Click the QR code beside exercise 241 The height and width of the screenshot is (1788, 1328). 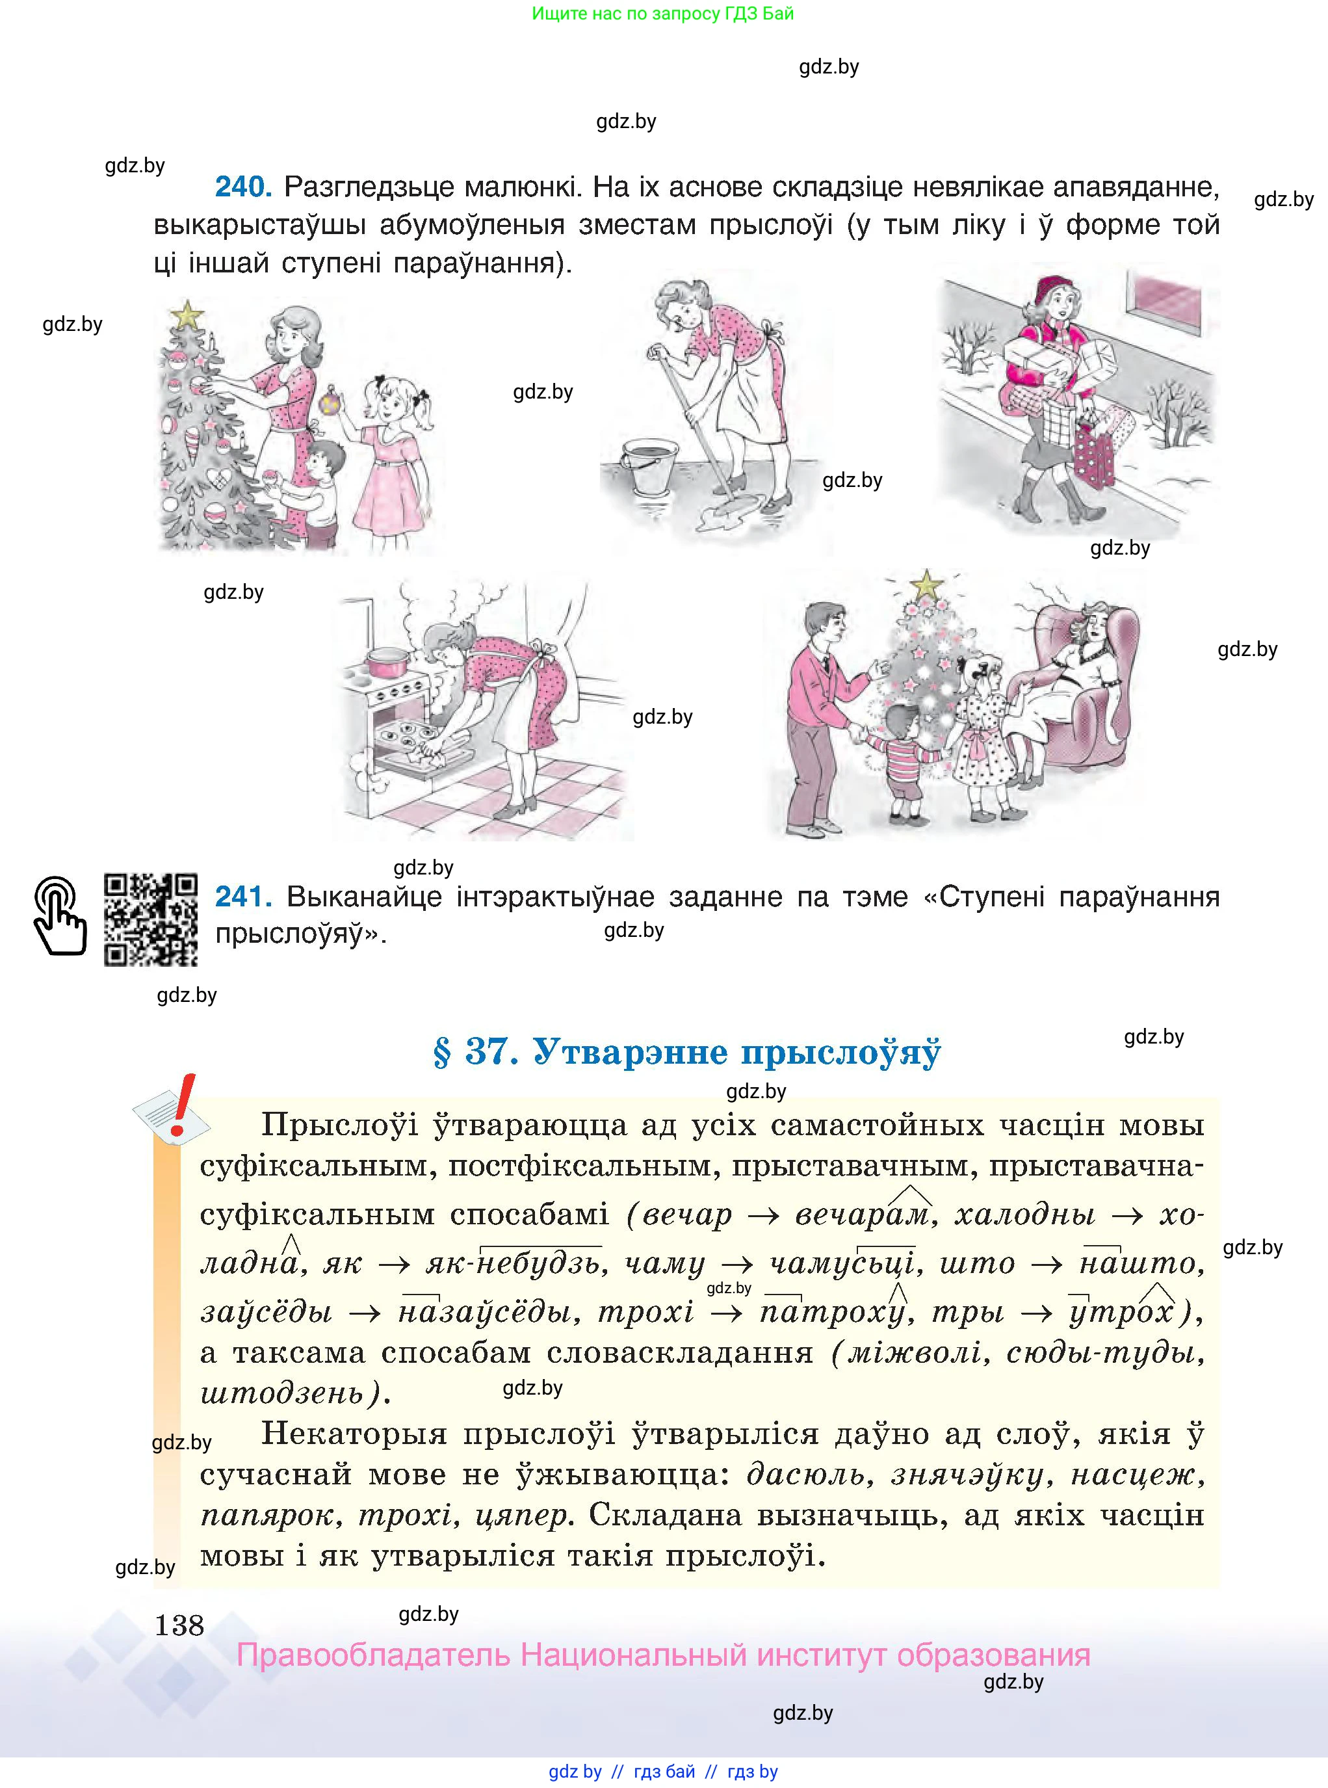[x=150, y=920]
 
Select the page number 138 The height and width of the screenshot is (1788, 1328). [x=179, y=1625]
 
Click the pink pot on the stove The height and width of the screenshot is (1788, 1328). [x=387, y=663]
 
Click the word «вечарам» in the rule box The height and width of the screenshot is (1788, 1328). [x=863, y=1214]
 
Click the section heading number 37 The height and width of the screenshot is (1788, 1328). [x=491, y=1051]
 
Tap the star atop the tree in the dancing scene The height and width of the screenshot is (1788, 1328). [x=926, y=585]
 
